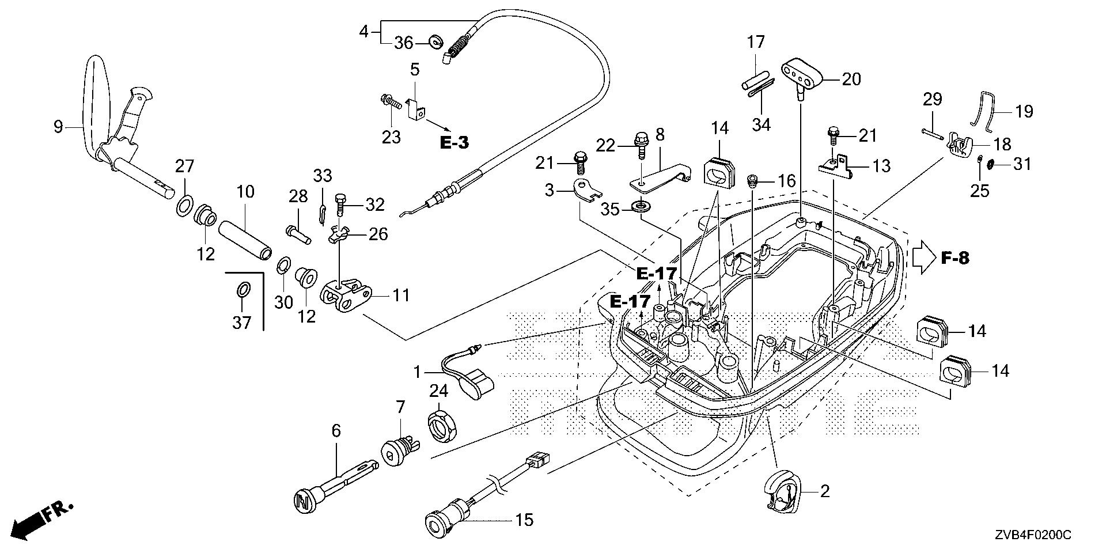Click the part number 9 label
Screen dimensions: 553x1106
[58, 127]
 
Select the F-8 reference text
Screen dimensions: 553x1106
[955, 259]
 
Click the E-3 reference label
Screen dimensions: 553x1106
[454, 143]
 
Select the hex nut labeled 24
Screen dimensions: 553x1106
[440, 427]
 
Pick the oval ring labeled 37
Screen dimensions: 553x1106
[243, 289]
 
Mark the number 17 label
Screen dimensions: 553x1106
[756, 42]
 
